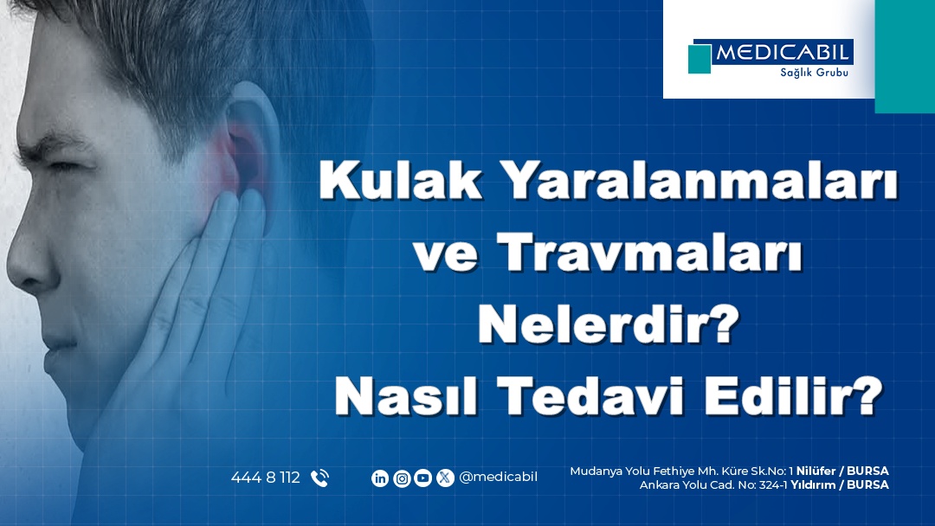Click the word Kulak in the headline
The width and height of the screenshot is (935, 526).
point(400,179)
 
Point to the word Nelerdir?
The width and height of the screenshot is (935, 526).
point(609,324)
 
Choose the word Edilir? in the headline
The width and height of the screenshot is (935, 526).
point(794,395)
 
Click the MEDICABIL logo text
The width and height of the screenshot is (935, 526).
point(783,53)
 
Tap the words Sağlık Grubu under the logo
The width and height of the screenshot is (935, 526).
point(814,73)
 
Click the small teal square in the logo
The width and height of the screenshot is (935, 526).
point(700,59)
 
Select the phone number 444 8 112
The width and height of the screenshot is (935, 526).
point(266,478)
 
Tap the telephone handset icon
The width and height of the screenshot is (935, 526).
point(319,478)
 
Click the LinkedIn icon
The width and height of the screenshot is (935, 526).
point(380,478)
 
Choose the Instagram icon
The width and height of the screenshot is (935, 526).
point(402,478)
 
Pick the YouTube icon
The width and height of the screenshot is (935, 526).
point(422,478)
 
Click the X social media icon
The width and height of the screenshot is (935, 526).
point(445,478)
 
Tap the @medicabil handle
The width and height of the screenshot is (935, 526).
point(499,478)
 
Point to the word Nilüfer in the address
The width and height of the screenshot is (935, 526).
point(816,471)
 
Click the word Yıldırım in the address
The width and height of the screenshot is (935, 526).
point(813,484)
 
